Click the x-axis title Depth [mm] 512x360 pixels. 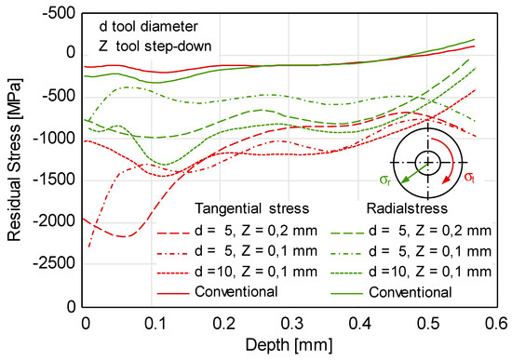pyautogui.click(x=290, y=344)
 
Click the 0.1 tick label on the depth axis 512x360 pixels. pyautogui.click(x=153, y=322)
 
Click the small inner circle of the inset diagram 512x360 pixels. pyautogui.click(x=427, y=162)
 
